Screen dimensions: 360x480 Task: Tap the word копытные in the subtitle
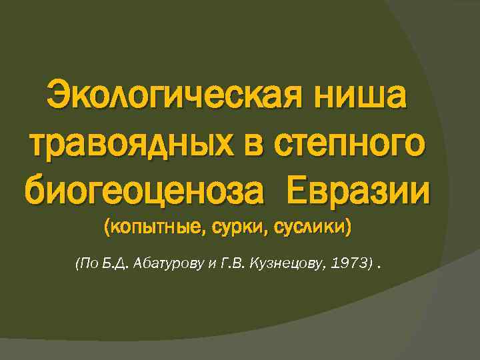click(155, 228)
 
